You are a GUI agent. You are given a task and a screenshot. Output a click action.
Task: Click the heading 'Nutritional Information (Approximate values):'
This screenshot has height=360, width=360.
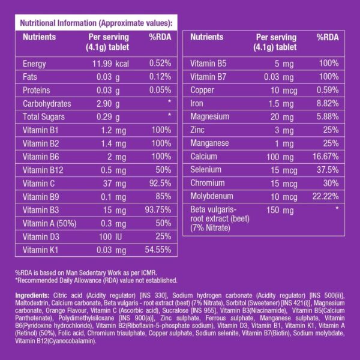96,23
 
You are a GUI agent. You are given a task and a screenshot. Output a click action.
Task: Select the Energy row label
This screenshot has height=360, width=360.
34,64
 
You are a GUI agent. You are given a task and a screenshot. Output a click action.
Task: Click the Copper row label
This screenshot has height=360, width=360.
202,90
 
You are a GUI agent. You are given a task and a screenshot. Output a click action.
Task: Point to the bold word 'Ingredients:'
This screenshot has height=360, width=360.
32,295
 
